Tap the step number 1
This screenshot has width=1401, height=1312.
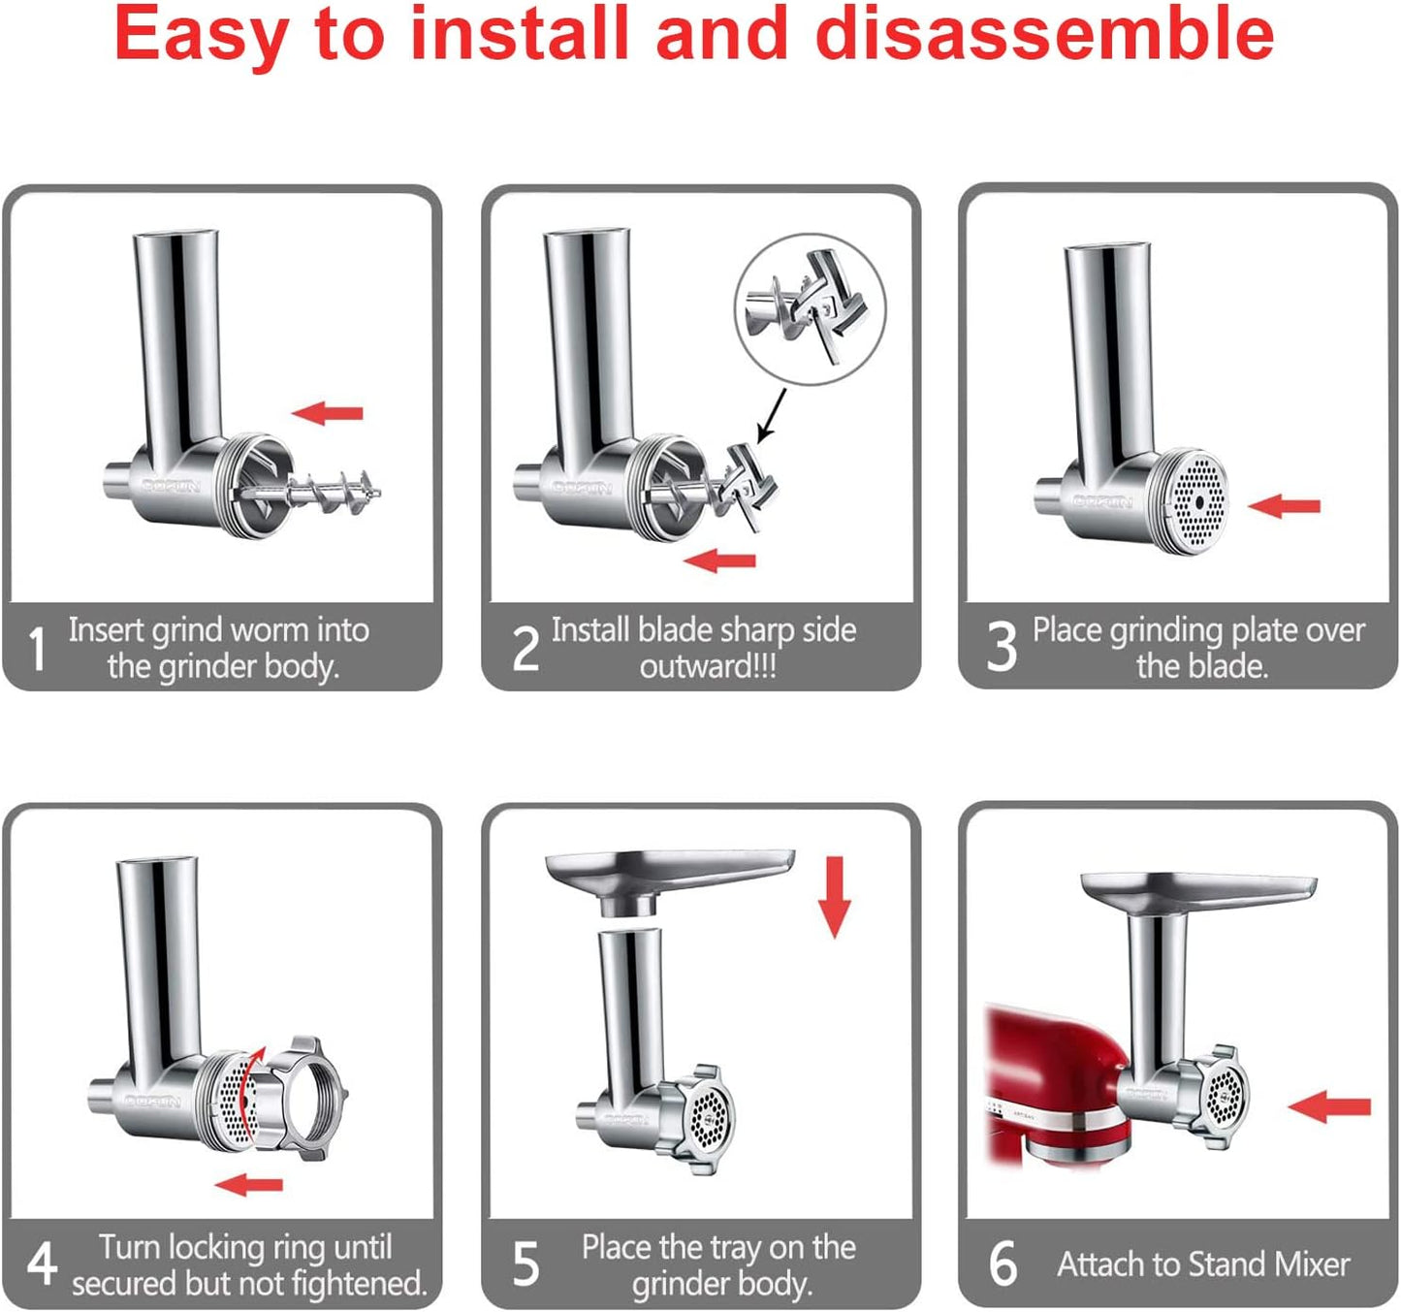click(37, 649)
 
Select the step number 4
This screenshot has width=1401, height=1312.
click(41, 1264)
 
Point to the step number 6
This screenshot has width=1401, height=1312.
click(1003, 1264)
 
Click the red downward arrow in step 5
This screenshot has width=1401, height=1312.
click(834, 896)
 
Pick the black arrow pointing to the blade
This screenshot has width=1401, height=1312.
click(771, 416)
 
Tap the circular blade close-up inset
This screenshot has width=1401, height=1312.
click(810, 309)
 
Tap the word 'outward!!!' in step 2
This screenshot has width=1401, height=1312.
click(708, 667)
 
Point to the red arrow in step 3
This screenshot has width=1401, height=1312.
click(1285, 505)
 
